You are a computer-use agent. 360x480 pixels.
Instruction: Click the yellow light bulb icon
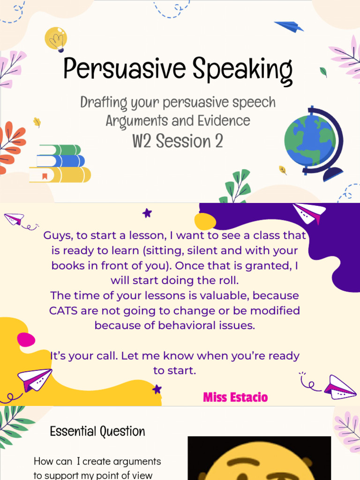click(56, 38)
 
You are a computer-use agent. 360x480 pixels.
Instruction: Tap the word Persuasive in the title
click(119, 69)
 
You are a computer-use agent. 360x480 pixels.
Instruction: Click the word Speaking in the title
click(236, 70)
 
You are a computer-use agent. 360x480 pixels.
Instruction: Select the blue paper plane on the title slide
click(289, 26)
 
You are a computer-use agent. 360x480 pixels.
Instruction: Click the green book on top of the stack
click(60, 150)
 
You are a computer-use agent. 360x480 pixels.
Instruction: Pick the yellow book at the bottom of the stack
click(60, 175)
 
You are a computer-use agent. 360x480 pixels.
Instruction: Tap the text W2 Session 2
click(177, 141)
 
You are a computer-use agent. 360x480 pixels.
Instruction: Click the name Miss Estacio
click(235, 397)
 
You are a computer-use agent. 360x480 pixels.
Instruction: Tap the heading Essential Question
click(97, 431)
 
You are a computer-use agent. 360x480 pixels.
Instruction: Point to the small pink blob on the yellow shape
click(26, 339)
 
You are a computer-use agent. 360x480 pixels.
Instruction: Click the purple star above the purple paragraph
click(147, 213)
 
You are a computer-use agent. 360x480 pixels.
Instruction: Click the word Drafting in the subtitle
click(101, 102)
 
